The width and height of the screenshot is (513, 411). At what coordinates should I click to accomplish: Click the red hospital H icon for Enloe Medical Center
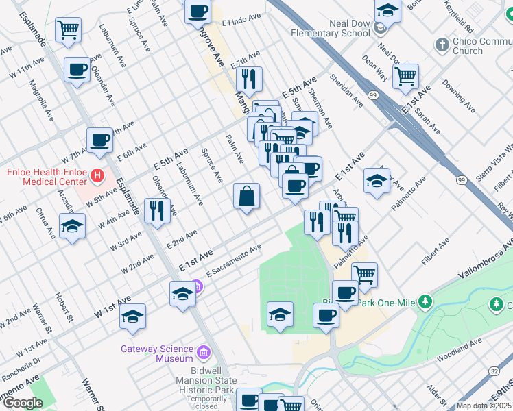click(x=97, y=175)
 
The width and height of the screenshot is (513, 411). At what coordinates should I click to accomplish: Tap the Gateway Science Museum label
click(x=156, y=353)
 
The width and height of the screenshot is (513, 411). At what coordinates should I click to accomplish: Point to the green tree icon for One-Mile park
click(x=425, y=301)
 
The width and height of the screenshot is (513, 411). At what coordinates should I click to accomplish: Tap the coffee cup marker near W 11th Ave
click(x=76, y=69)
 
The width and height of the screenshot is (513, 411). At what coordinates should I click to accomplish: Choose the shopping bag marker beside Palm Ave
click(x=246, y=196)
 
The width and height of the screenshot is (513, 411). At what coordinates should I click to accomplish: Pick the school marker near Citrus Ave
click(x=72, y=227)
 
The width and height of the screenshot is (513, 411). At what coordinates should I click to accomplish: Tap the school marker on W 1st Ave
click(x=132, y=316)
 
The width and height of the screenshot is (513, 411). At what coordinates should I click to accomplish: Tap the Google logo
click(x=23, y=403)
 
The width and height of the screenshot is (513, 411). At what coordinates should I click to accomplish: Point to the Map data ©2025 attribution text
click(x=484, y=406)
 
